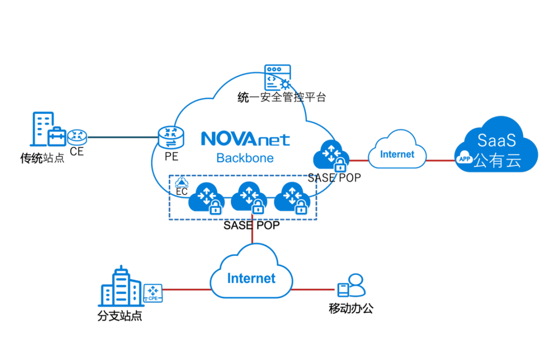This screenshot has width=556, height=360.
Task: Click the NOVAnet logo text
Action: click(x=245, y=139)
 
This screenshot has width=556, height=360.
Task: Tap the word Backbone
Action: click(x=245, y=158)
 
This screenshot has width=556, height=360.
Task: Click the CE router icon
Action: click(x=77, y=136)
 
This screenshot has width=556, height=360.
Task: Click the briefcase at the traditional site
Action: click(x=57, y=136)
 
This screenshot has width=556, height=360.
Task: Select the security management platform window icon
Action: click(x=277, y=77)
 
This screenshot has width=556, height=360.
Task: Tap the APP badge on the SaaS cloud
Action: click(x=464, y=159)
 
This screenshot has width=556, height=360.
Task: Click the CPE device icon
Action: click(x=153, y=293)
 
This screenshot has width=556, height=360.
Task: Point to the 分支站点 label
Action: click(x=119, y=315)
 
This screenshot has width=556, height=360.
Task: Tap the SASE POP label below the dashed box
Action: click(x=251, y=225)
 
